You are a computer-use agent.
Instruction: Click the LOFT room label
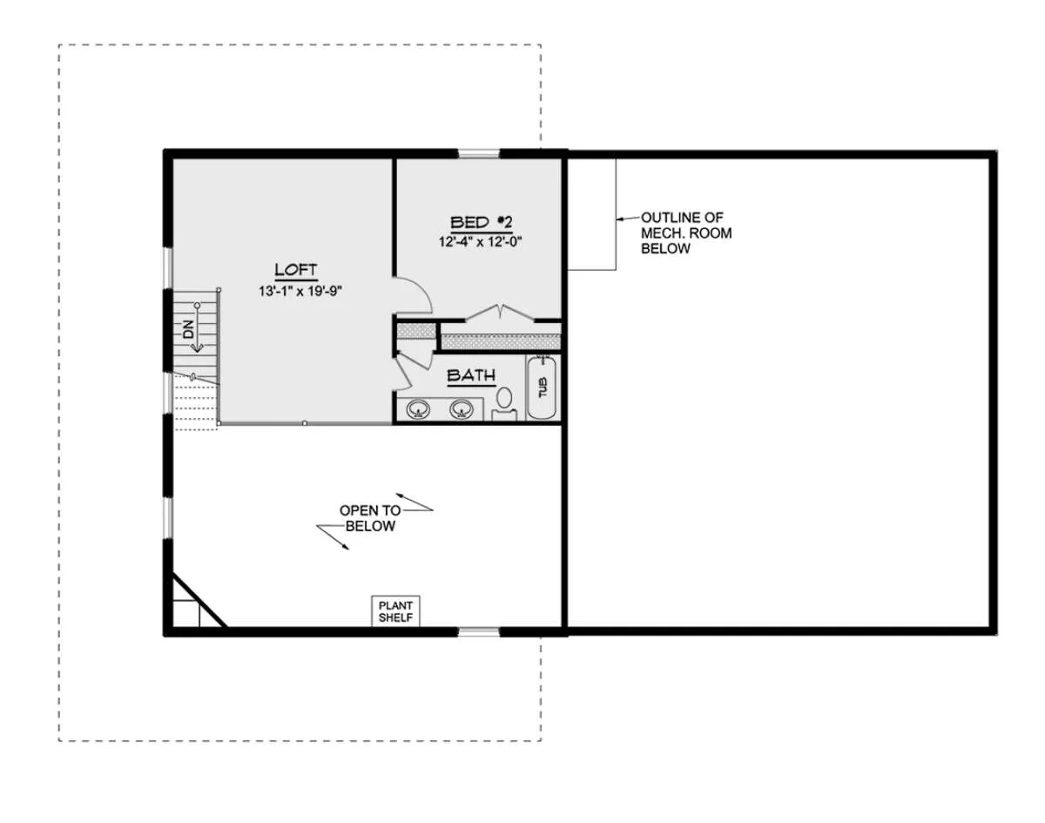296,270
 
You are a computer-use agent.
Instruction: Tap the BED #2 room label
481,223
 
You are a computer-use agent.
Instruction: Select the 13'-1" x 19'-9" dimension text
300,292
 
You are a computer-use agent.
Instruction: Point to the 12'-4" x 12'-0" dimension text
480,242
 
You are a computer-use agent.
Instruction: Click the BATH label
471,375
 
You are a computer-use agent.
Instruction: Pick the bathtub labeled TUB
542,388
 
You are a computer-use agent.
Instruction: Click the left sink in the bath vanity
418,409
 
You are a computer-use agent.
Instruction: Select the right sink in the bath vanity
462,409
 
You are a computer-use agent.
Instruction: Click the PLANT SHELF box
395,611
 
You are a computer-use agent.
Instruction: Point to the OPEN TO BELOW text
370,518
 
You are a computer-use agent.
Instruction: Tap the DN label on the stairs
188,330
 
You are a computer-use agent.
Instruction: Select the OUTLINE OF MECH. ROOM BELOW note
686,233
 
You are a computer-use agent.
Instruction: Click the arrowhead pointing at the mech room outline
620,219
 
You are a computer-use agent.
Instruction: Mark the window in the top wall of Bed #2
479,154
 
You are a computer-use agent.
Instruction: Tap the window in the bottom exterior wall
479,631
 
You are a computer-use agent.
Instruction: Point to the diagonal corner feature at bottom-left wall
199,601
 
